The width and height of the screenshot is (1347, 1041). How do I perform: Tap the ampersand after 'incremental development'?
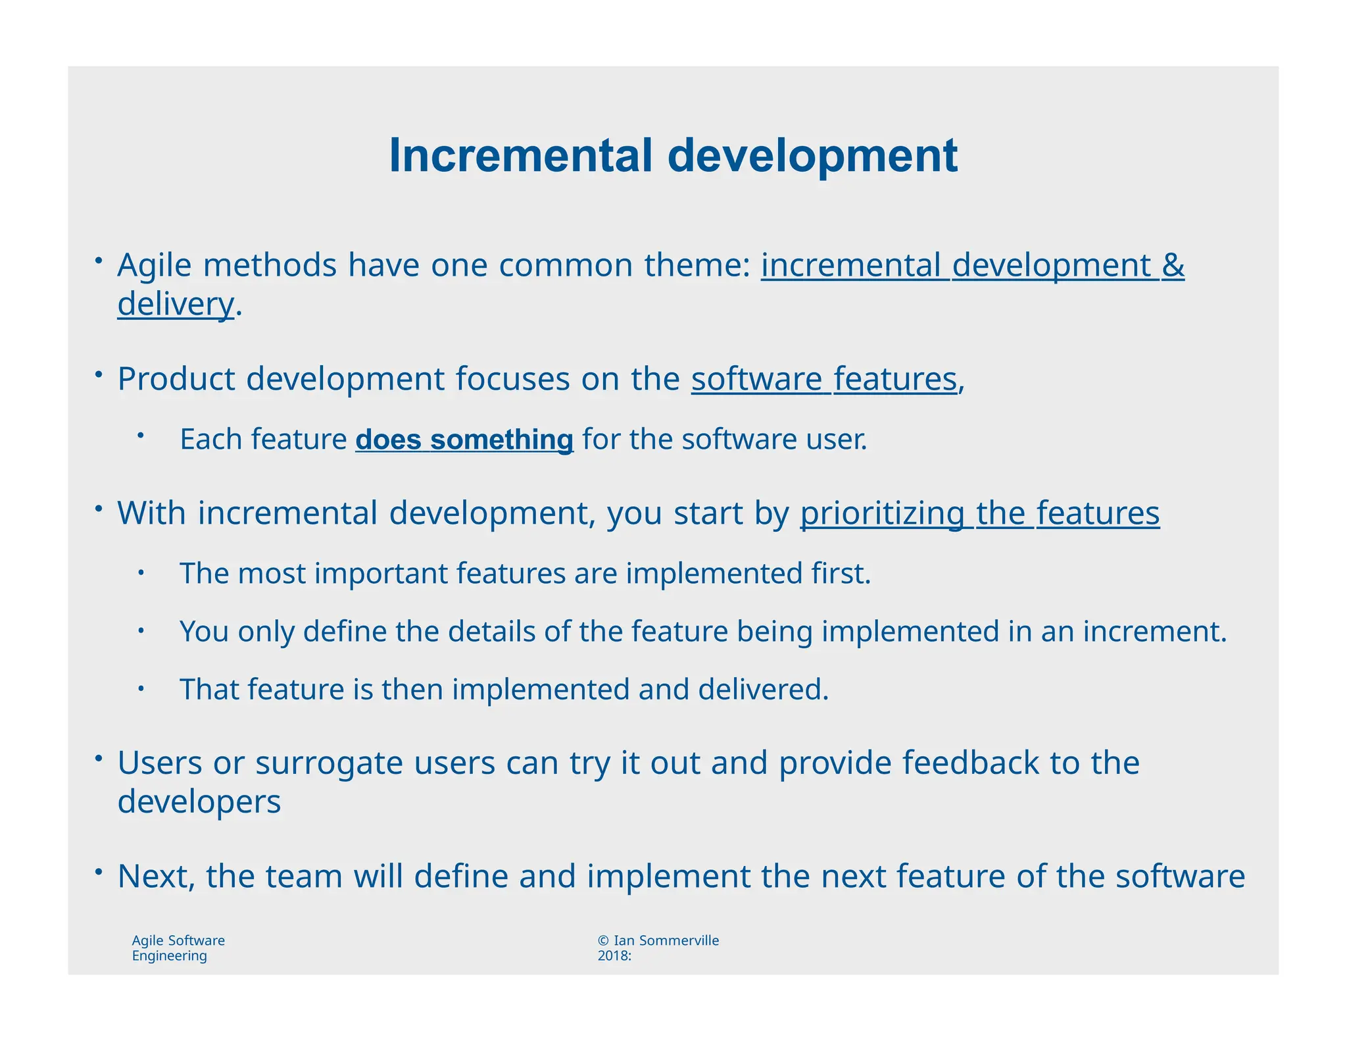1173,265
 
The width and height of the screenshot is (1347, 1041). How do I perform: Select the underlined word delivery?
175,305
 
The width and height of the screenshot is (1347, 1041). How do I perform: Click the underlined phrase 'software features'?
823,379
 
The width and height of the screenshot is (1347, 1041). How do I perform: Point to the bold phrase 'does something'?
464,440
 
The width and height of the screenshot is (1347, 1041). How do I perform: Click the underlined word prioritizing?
882,513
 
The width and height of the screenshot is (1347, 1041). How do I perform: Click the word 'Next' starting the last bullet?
156,876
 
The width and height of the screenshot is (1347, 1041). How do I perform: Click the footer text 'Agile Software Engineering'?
178,948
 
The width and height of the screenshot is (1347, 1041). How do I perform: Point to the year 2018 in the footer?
612,956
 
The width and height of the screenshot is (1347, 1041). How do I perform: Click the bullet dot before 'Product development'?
97,374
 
